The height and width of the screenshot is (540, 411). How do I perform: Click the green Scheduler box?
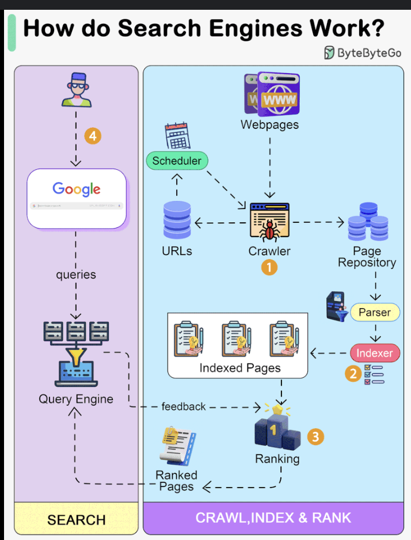177,161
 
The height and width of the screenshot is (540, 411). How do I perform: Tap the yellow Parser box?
374,313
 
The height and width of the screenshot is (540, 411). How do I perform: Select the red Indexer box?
375,353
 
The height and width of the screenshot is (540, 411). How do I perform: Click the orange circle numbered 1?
269,267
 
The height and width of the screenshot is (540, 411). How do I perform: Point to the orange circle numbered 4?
93,136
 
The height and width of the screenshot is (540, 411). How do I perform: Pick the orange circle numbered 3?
314,436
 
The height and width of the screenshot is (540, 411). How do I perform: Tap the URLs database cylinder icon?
177,221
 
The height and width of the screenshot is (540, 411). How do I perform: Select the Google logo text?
77,189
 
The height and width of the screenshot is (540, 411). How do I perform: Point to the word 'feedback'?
184,406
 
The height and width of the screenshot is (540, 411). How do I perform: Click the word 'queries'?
76,275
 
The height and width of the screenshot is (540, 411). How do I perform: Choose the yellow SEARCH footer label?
77,520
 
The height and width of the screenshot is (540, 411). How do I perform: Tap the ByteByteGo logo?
363,53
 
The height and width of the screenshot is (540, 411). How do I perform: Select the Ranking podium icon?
277,429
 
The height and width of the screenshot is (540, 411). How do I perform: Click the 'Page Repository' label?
367,257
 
